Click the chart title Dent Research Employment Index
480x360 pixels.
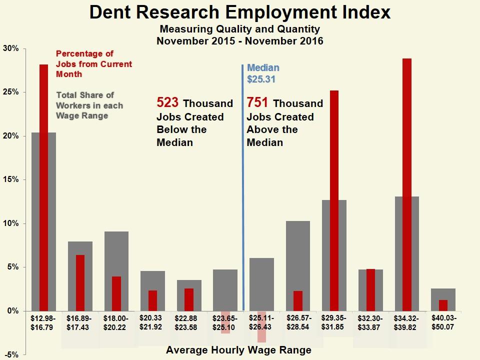240,12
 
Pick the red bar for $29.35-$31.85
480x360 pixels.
334,200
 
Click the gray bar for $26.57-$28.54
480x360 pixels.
298,250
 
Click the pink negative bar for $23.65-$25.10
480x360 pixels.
225,322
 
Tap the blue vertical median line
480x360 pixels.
243,200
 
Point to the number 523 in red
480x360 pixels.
168,103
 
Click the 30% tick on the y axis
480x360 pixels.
10,48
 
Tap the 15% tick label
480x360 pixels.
10,179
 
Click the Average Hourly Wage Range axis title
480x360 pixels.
238,350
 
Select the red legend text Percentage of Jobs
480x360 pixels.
94,64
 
